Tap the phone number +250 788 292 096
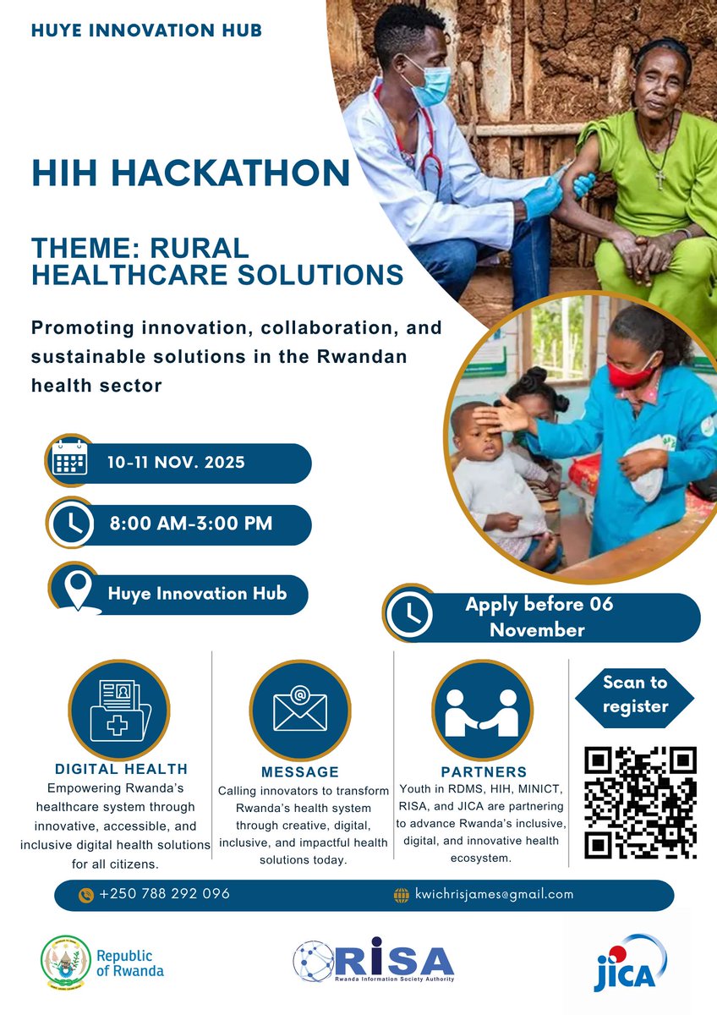coord(164,894)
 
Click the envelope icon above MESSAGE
coord(299,709)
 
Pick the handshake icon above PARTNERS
coord(482,709)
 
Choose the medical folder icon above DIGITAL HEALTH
coord(119,709)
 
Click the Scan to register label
coord(635,694)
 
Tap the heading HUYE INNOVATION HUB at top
coord(146,30)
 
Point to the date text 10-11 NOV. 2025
coord(176,463)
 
